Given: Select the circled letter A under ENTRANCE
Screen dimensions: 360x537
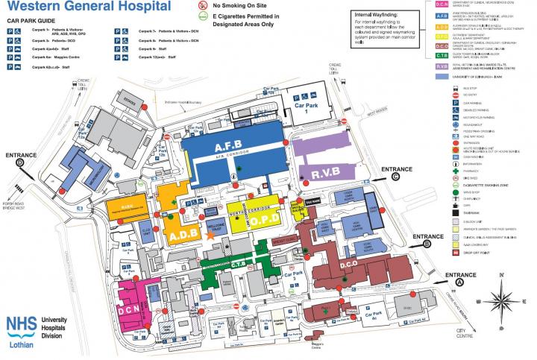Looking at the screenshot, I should pyautogui.click(x=459, y=282).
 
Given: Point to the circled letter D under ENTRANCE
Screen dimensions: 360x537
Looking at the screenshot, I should pyautogui.click(x=20, y=161).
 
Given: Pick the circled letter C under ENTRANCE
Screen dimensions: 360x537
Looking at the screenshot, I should pyautogui.click(x=406, y=177).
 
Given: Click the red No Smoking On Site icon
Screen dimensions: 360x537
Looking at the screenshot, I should pyautogui.click(x=201, y=4).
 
